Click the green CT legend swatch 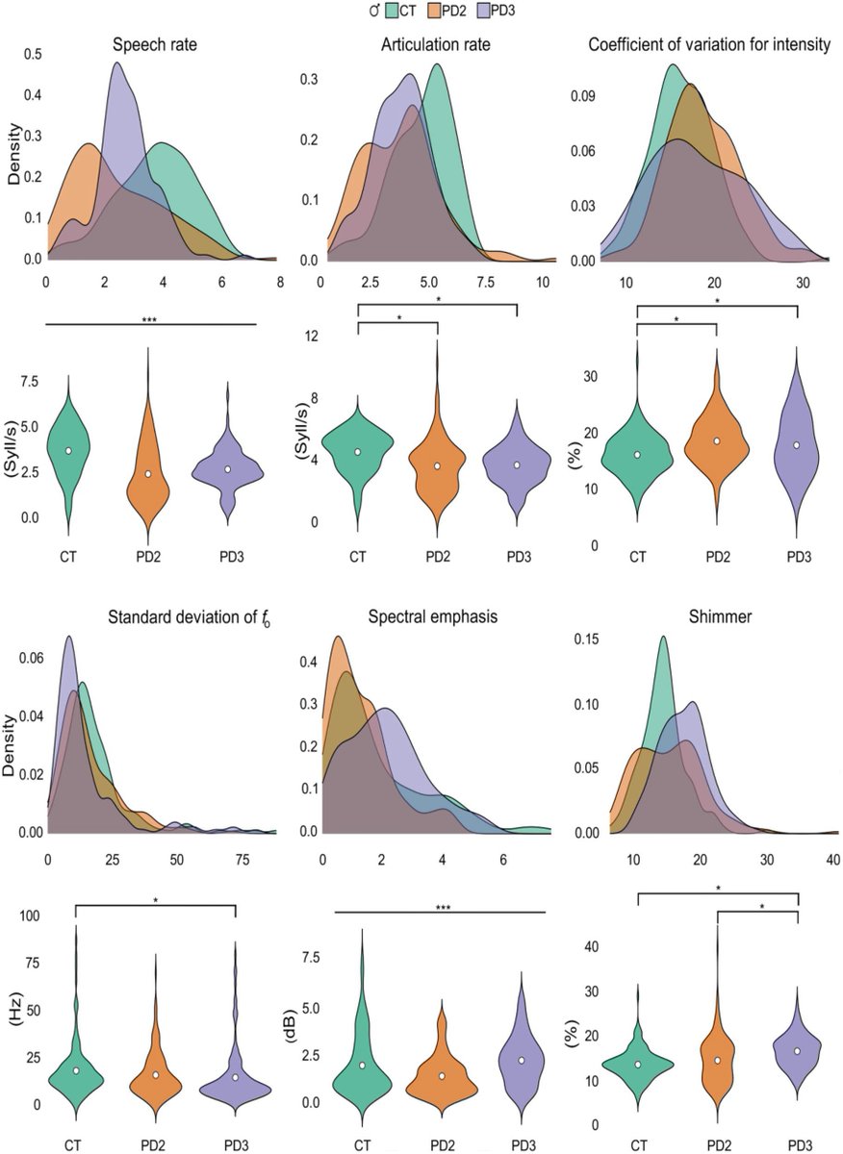(x=391, y=11)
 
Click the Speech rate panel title (x=155, y=45)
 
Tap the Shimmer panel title (x=720, y=616)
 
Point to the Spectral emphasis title (x=433, y=616)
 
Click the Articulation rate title (x=436, y=45)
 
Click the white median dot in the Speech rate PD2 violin (x=148, y=474)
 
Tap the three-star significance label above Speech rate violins (x=149, y=320)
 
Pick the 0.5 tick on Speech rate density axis (x=33, y=55)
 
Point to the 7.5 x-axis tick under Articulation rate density (x=485, y=283)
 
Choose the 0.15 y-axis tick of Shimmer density (x=587, y=640)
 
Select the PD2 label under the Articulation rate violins (x=438, y=557)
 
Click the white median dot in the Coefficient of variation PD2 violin (x=716, y=441)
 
